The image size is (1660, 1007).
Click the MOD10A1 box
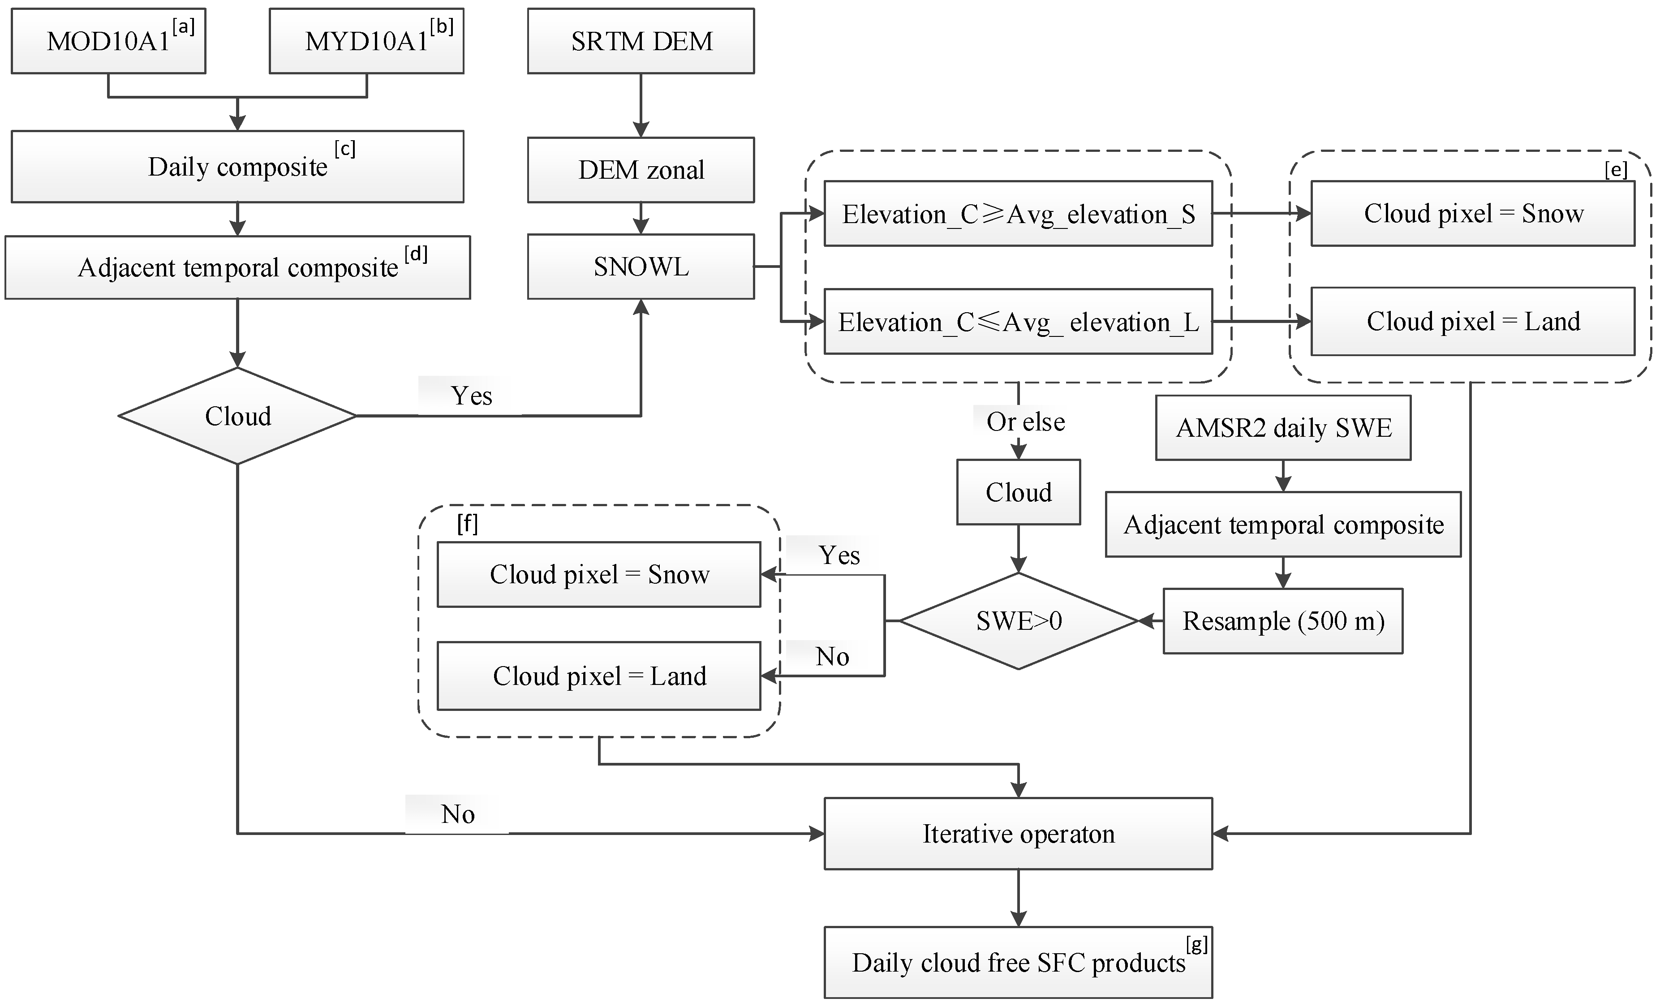(108, 41)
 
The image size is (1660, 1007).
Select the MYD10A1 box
(366, 41)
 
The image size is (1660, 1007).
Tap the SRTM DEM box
(641, 41)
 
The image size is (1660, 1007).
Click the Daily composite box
(237, 166)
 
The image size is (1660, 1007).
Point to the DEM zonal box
(641, 170)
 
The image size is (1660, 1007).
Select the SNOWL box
(641, 267)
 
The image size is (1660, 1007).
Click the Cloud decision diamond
(237, 416)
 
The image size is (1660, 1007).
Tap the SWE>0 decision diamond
(1018, 620)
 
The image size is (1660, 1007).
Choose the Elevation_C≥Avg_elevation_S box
(1018, 214)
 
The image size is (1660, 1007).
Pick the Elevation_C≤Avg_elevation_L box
(1018, 322)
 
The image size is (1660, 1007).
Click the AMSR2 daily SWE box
(1283, 428)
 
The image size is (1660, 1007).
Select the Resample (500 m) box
(1283, 620)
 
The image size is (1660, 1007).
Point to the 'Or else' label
(1025, 422)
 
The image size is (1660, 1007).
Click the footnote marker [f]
(467, 523)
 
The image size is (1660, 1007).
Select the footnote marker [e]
(1616, 170)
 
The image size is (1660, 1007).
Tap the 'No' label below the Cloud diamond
(457, 814)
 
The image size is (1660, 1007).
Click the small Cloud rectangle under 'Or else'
(1018, 492)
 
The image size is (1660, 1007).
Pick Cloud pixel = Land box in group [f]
(599, 676)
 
